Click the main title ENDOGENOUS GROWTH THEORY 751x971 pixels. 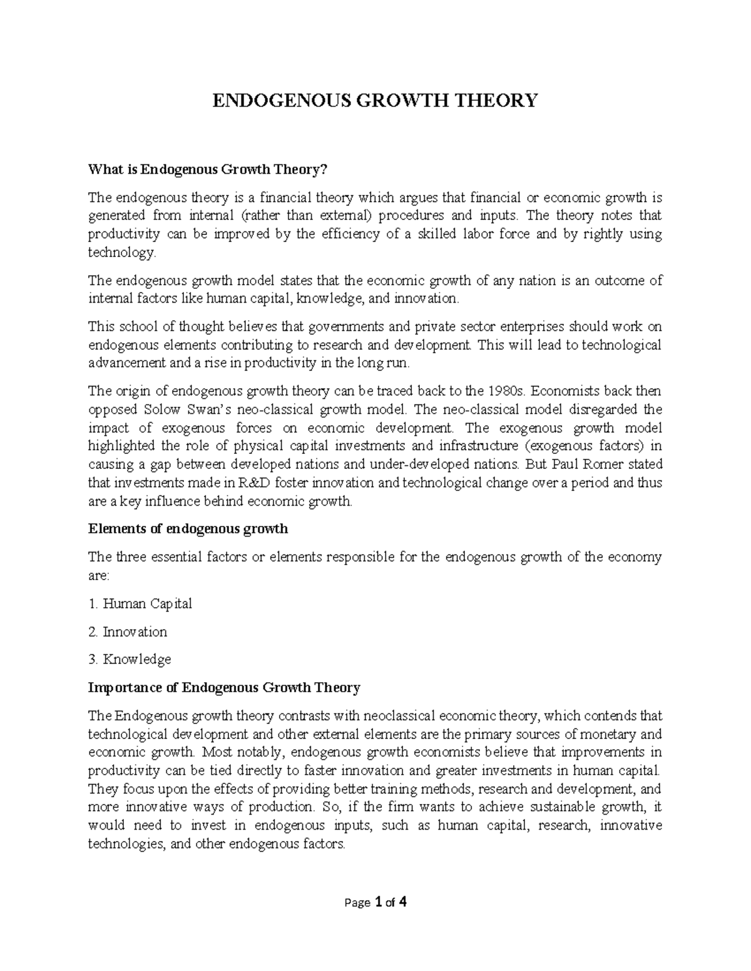point(375,100)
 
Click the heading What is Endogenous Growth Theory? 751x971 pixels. point(208,169)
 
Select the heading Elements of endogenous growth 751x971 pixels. point(188,529)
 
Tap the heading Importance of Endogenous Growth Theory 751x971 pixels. point(224,688)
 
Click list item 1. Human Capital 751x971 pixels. point(140,604)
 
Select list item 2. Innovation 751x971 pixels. point(128,632)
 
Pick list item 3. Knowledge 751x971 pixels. point(130,660)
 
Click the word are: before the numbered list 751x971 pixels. point(98,576)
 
